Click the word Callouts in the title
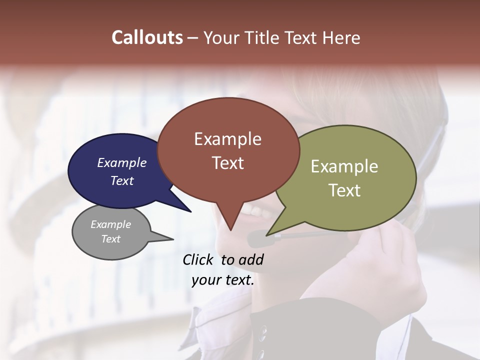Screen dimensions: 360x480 pyautogui.click(x=147, y=37)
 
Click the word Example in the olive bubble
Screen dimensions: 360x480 pyautogui.click(x=344, y=166)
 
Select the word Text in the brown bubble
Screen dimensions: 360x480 pyautogui.click(x=228, y=163)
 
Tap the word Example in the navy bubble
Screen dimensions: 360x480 pyautogui.click(x=122, y=162)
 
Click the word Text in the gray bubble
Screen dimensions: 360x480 pyautogui.click(x=111, y=239)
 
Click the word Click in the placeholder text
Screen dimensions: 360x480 pyautogui.click(x=199, y=259)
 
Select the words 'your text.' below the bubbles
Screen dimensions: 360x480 pyautogui.click(x=223, y=280)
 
